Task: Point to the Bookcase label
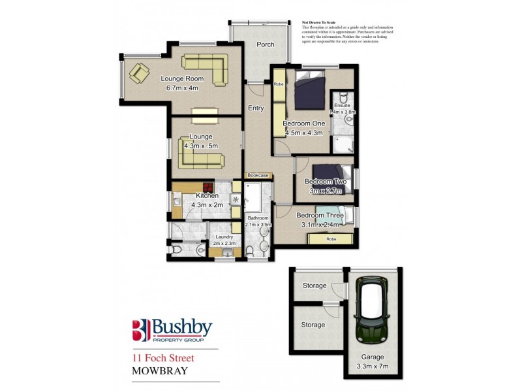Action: coord(258,175)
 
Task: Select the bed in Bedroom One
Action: coord(309,91)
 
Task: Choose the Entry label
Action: coord(254,109)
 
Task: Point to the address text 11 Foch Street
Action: coord(163,357)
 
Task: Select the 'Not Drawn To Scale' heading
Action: coord(318,22)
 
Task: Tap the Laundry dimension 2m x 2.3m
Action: coord(223,244)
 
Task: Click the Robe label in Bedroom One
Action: coord(278,84)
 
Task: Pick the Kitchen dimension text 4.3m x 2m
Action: coord(207,204)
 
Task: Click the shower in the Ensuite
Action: coord(341,144)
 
